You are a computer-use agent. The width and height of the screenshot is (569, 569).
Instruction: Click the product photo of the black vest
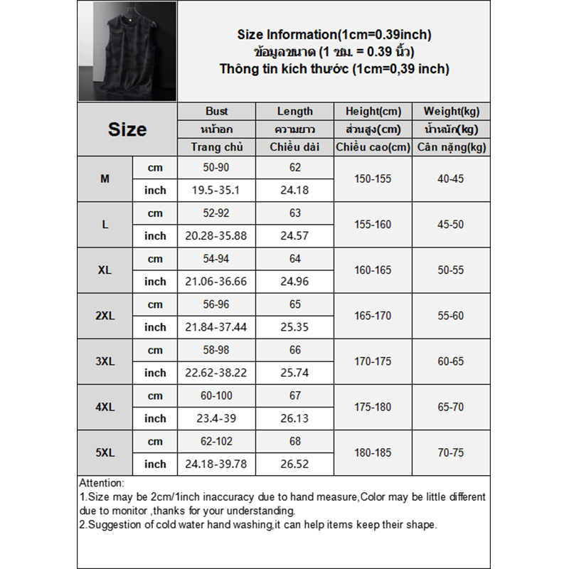[x=127, y=51]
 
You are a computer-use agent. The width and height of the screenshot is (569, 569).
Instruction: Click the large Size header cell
[x=127, y=129]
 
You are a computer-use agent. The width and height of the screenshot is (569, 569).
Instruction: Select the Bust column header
[x=217, y=111]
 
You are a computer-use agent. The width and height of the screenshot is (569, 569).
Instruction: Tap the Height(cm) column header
[x=373, y=111]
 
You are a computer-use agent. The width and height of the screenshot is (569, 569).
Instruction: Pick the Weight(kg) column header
[x=451, y=111]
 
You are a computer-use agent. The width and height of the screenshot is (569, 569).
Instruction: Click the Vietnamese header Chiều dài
[x=295, y=147]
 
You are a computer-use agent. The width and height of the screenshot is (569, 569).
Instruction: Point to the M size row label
[x=105, y=179]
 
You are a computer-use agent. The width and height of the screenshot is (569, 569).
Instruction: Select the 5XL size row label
[x=105, y=452]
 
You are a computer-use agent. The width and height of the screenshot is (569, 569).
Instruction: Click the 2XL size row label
[x=105, y=316]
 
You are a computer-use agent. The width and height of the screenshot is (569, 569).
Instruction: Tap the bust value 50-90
[x=217, y=168]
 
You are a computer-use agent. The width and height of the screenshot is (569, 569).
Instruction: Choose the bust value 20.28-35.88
[x=217, y=236]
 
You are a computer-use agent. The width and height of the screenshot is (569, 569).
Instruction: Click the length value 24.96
[x=295, y=282]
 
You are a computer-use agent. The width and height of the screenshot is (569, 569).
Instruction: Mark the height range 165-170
[x=373, y=316]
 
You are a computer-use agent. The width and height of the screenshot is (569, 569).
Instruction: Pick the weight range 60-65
[x=451, y=361]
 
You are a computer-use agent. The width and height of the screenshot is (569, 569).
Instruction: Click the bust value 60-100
[x=217, y=395]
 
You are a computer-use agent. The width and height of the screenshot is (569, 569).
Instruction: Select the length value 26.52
[x=295, y=464]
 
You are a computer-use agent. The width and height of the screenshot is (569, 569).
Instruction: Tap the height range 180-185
[x=373, y=452]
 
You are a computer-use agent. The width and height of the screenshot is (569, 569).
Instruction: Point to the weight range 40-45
[x=451, y=179]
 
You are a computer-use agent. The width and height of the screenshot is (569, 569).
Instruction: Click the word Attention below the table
[x=102, y=483]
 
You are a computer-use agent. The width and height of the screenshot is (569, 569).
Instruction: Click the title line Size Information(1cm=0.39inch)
[x=334, y=35]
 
